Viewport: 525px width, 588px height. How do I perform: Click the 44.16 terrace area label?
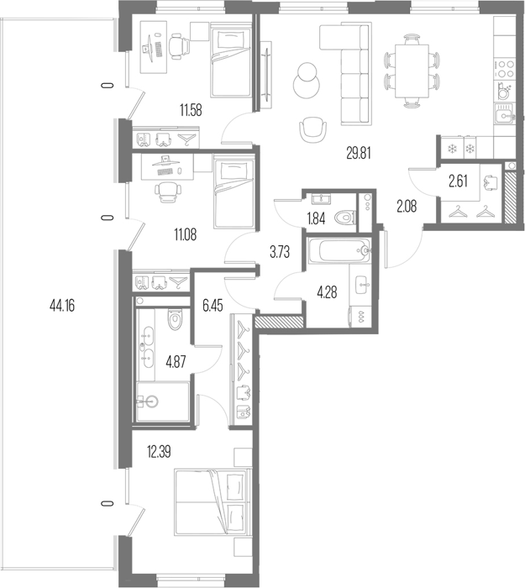click(x=62, y=306)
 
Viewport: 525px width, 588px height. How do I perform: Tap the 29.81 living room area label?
click(x=359, y=154)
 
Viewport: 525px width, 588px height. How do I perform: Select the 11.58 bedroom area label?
click(x=191, y=110)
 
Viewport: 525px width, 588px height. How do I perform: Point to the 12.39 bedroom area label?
click(x=159, y=452)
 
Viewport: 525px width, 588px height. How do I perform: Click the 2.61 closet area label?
click(x=459, y=181)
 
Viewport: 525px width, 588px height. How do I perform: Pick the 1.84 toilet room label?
click(x=316, y=218)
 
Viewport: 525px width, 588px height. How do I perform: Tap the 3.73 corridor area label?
click(x=280, y=252)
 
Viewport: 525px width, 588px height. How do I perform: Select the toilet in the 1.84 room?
click(x=344, y=218)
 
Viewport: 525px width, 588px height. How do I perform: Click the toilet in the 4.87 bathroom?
click(x=175, y=319)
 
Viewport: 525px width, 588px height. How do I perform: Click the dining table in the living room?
click(x=412, y=71)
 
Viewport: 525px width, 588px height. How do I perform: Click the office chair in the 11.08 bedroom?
click(x=168, y=192)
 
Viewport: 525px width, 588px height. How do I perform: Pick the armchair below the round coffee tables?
click(x=312, y=129)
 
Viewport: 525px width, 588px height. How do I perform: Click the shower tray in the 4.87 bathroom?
click(x=163, y=402)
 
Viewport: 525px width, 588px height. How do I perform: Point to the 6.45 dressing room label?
click(x=213, y=306)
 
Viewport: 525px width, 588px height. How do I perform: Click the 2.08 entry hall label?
click(x=407, y=207)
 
